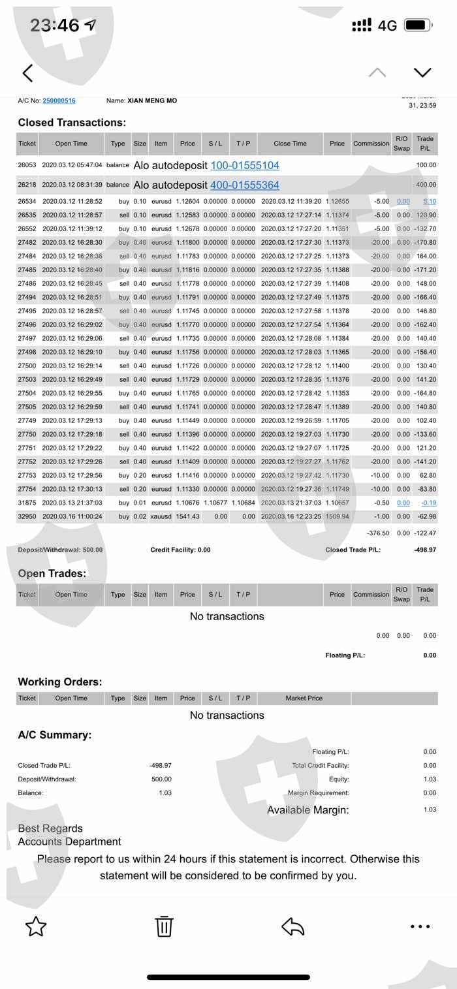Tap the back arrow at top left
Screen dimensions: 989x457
27,72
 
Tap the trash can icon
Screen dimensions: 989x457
163,926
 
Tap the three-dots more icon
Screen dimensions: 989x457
420,926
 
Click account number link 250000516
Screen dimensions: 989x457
59,101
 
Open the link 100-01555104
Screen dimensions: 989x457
245,166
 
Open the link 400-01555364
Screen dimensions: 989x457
245,185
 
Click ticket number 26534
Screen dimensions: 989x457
27,202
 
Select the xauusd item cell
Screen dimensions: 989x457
161,516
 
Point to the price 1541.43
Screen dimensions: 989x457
187,516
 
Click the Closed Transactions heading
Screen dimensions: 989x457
72,123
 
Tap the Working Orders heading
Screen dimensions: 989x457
60,682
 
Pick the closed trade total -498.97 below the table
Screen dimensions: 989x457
424,550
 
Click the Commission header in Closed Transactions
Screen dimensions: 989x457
371,144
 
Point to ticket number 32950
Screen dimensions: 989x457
27,516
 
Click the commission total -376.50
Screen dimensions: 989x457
378,533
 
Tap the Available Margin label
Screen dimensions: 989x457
307,810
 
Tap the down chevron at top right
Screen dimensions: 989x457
422,72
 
